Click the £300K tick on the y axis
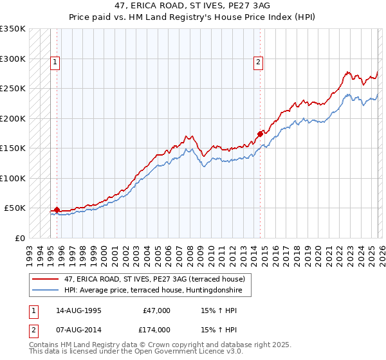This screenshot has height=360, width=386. (x=13, y=59)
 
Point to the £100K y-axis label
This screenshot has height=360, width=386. (x=13, y=178)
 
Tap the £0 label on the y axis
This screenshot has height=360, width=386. (x=19, y=238)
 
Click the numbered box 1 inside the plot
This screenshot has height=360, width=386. (x=55, y=62)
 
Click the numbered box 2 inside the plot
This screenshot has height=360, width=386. (x=258, y=62)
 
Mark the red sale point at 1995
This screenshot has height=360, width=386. (x=57, y=210)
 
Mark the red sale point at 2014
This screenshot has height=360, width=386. (x=260, y=134)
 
